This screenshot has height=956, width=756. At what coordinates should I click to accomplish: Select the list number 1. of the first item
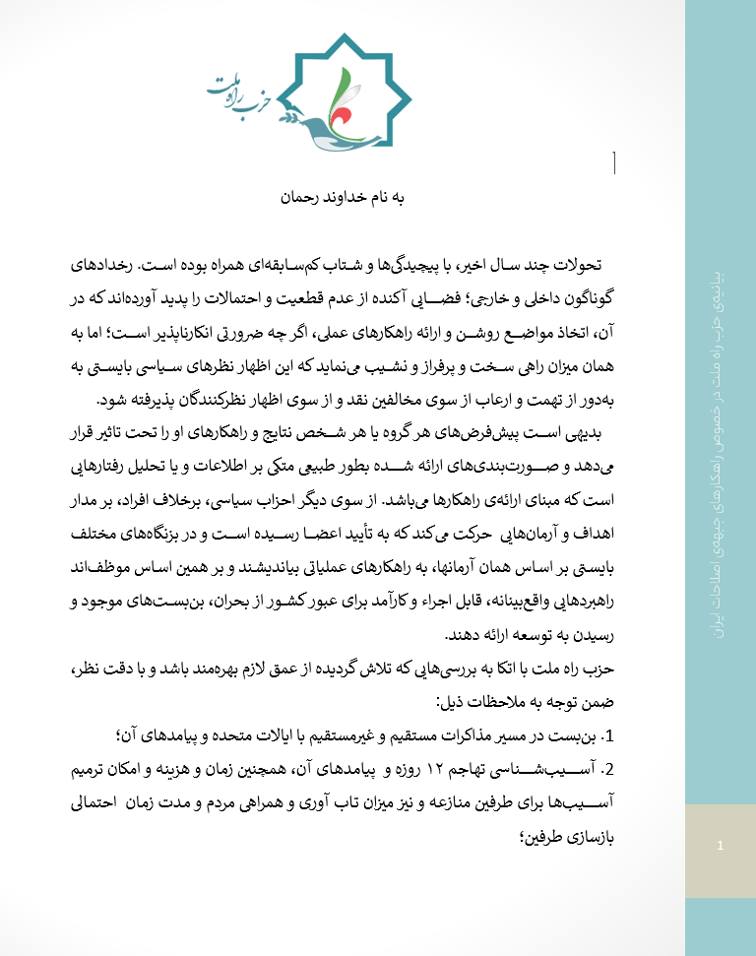pyautogui.click(x=606, y=734)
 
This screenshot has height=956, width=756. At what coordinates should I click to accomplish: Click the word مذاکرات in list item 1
pyautogui.click(x=466, y=734)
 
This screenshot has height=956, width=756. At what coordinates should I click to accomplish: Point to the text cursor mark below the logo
pyautogui.click(x=614, y=163)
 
